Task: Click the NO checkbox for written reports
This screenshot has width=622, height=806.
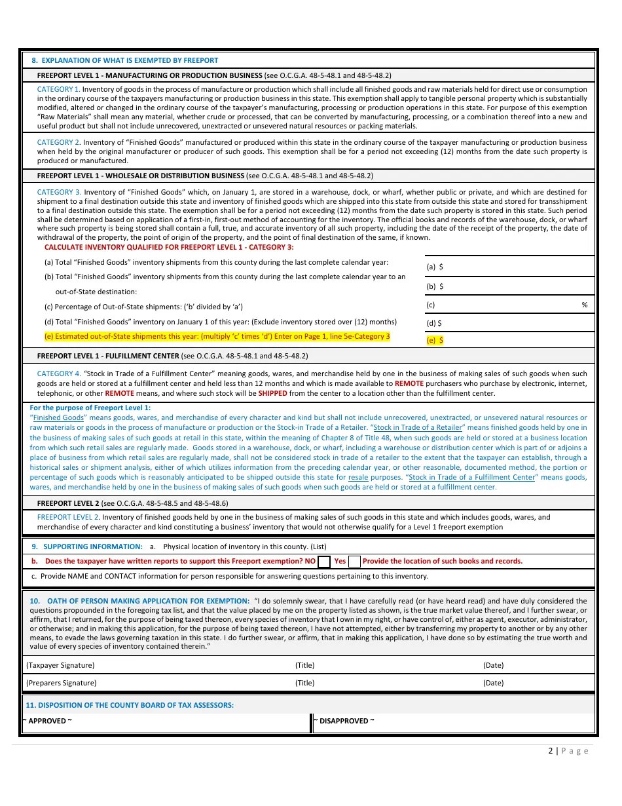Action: [x=323, y=562]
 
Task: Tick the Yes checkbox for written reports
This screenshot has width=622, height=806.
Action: [x=354, y=562]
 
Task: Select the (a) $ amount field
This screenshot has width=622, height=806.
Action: [x=509, y=267]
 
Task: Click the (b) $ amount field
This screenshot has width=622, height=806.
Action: [x=509, y=286]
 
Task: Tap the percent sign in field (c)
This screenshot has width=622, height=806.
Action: [x=584, y=305]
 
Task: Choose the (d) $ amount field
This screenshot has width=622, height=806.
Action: [x=509, y=323]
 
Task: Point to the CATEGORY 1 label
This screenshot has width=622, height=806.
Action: [x=58, y=88]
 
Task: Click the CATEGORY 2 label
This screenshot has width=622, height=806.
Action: [x=58, y=142]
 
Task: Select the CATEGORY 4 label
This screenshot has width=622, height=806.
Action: [x=58, y=374]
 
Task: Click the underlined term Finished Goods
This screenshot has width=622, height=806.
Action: [x=58, y=417]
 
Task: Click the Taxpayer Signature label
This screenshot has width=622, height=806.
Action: [x=60, y=665]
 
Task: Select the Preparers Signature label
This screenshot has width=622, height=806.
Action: [x=61, y=683]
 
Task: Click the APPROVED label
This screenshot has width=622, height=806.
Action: [x=47, y=721]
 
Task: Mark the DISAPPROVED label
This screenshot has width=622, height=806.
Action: [x=344, y=721]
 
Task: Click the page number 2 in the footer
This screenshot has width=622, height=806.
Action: [x=551, y=751]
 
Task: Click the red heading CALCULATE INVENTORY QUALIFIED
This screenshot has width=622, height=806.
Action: [x=169, y=247]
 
